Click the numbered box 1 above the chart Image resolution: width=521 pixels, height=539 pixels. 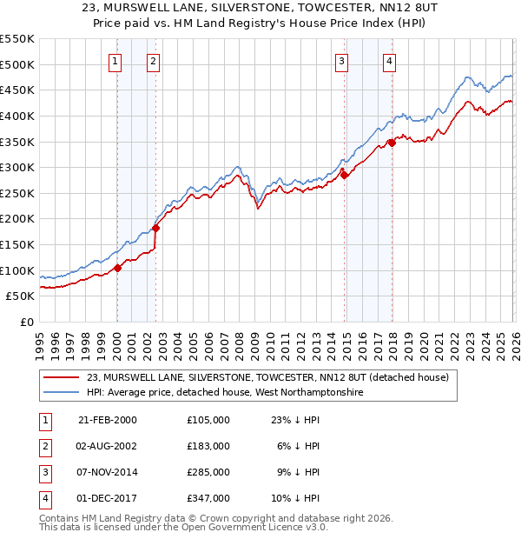pos(115,61)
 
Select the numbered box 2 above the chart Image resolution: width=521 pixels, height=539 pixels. pos(153,61)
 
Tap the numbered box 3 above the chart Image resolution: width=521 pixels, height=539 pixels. pos(342,61)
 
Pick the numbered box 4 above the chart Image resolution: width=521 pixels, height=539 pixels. pos(390,61)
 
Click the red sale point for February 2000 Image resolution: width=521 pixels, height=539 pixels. pos(117,268)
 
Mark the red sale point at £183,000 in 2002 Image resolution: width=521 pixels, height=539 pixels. pos(155,228)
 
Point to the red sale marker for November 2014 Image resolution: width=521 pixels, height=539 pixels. pos(345,176)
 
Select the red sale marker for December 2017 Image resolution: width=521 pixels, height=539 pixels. pos(392,143)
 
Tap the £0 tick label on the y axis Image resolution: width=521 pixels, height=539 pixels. pos(26,322)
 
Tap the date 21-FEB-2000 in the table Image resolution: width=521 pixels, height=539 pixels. pos(108,419)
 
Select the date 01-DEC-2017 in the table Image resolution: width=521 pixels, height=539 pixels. pos(108,498)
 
